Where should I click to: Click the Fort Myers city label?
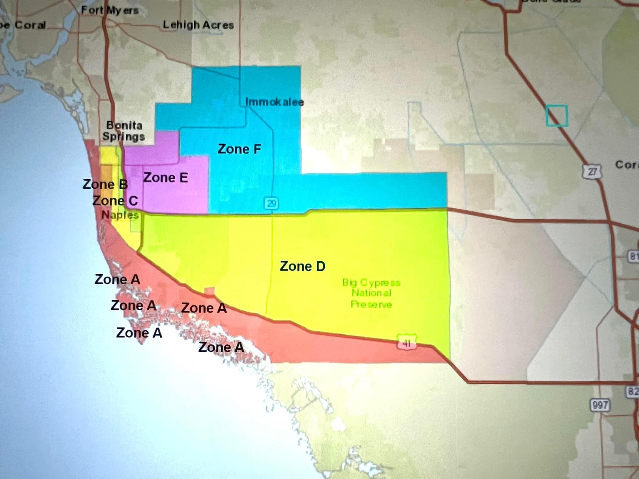point(110,11)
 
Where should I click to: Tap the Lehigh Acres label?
point(198,25)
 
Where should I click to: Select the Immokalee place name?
point(274,102)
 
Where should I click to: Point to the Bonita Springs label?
point(124,131)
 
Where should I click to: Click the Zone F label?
point(239,149)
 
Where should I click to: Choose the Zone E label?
point(165,178)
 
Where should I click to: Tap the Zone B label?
point(105,184)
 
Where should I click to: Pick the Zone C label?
point(115,201)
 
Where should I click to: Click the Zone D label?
point(302,266)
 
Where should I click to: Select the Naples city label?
point(120,215)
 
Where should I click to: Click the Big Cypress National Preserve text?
point(371,293)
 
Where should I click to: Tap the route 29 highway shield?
point(271,203)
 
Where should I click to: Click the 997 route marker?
point(600,405)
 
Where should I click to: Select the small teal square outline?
point(557,116)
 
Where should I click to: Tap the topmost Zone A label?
point(117,279)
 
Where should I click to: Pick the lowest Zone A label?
point(221,347)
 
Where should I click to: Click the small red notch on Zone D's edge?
point(209,291)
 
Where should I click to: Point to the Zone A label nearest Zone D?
point(204,308)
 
